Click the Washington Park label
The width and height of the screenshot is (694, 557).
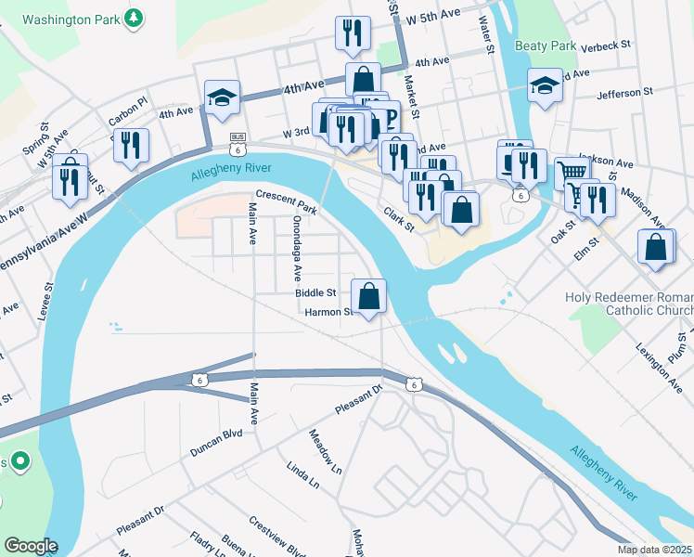(70, 19)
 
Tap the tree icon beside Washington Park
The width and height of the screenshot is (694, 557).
(135, 18)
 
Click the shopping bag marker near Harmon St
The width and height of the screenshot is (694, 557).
(369, 297)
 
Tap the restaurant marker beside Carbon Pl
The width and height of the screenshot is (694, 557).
(131, 146)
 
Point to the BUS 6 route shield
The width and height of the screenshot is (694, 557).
(238, 144)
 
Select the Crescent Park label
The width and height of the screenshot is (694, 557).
(287, 202)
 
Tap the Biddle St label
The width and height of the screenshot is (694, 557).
(315, 292)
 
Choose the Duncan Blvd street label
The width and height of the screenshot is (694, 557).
(215, 443)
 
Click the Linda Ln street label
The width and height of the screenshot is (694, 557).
(302, 475)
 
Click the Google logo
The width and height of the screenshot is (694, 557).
(31, 545)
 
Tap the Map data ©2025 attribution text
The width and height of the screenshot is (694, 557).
(655, 550)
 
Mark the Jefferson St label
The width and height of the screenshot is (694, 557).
(633, 94)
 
